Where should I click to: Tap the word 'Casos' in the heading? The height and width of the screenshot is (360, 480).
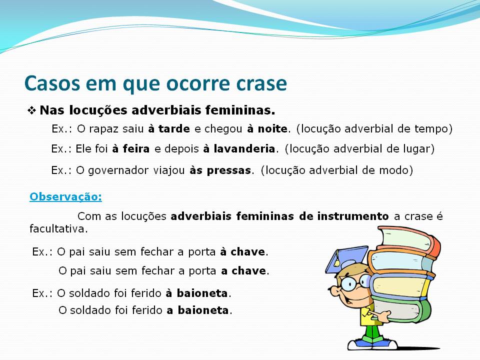pyautogui.click(x=52, y=83)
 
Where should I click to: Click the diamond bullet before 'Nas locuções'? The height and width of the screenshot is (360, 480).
pyautogui.click(x=32, y=110)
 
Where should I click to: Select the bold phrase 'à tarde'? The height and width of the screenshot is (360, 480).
pyautogui.click(x=169, y=128)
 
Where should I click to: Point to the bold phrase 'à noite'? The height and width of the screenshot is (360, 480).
pyautogui.click(x=267, y=128)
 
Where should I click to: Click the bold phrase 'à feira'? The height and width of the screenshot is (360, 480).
pyautogui.click(x=130, y=148)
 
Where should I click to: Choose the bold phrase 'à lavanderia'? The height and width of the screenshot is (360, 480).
pyautogui.click(x=239, y=148)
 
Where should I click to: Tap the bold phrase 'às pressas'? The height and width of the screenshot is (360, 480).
pyautogui.click(x=220, y=170)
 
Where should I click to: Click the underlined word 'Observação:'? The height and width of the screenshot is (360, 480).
pyautogui.click(x=66, y=196)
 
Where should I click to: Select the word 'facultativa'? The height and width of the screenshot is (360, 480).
pyautogui.click(x=57, y=228)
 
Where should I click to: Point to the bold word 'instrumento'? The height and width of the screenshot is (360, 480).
pyautogui.click(x=353, y=216)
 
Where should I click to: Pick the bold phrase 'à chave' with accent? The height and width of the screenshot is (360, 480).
pyautogui.click(x=243, y=251)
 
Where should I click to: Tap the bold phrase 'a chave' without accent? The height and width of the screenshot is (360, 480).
pyautogui.click(x=243, y=270)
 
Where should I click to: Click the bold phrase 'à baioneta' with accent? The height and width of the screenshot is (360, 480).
pyautogui.click(x=197, y=293)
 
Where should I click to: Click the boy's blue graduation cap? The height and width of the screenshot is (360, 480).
pyautogui.click(x=346, y=259)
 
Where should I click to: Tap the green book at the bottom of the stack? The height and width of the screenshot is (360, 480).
pyautogui.click(x=400, y=309)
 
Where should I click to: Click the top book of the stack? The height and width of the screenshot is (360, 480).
pyautogui.click(x=409, y=241)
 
